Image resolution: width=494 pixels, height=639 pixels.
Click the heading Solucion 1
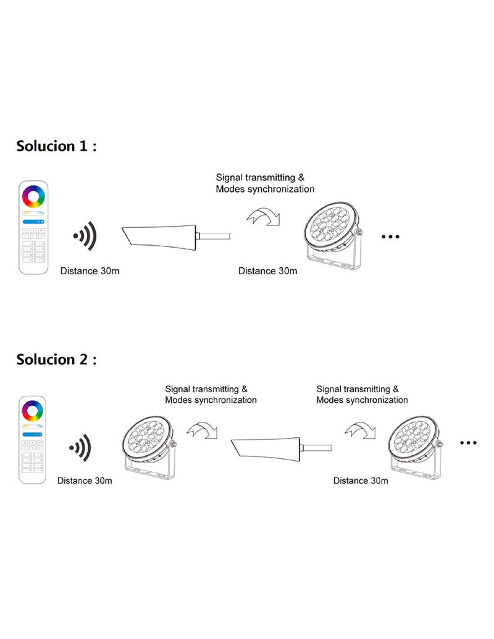pos(56,146)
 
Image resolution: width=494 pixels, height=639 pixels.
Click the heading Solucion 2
pos(56,359)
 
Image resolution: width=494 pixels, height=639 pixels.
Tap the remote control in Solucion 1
pos(33,227)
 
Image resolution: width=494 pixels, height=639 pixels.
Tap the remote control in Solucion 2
pos(32,440)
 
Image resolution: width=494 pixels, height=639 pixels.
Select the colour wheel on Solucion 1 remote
pos(33,196)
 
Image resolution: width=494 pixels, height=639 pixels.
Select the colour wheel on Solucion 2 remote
pos(32,410)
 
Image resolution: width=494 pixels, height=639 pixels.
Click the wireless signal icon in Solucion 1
pos(85,236)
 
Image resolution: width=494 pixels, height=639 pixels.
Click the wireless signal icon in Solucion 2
pos(81,448)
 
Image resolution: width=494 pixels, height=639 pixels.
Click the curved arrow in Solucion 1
pos(264,216)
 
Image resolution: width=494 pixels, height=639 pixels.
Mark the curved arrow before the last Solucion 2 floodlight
pos(360,430)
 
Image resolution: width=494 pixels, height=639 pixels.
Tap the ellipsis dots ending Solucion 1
pos(390,236)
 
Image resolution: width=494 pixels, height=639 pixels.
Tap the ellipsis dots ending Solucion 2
pos(468,443)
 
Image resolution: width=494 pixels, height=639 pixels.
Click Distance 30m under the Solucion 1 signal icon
pos(90,271)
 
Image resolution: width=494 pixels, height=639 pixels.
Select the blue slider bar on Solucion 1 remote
pos(33,222)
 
